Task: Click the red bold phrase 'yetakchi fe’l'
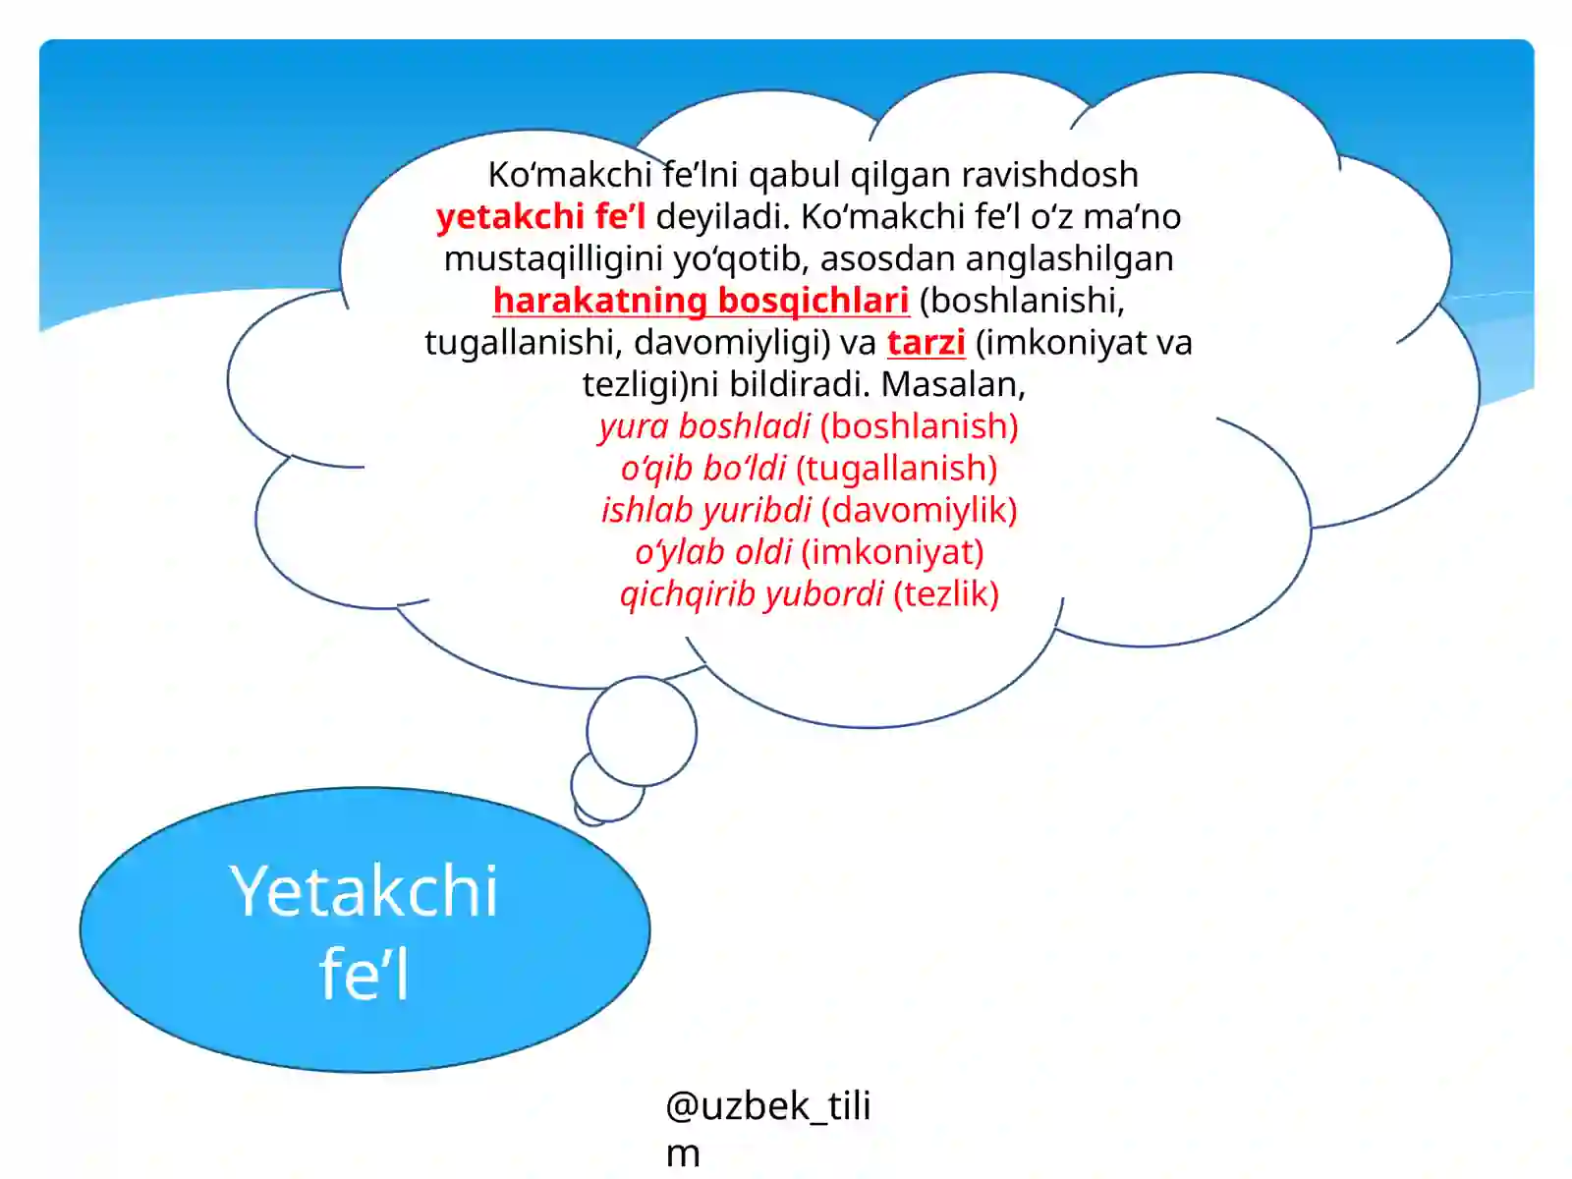pyautogui.click(x=540, y=216)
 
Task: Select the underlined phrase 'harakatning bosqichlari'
pyautogui.click(x=701, y=301)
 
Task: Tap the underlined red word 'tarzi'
pyautogui.click(x=926, y=343)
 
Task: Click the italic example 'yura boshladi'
pyautogui.click(x=704, y=426)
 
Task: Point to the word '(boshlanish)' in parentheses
pyautogui.click(x=919, y=426)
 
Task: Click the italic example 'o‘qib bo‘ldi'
pyautogui.click(x=703, y=469)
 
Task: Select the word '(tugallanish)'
pyautogui.click(x=897, y=469)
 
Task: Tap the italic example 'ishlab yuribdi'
pyautogui.click(x=705, y=510)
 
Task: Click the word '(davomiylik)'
pyautogui.click(x=919, y=510)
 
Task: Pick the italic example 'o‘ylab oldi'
pyautogui.click(x=713, y=552)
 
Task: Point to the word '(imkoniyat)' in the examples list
pyautogui.click(x=892, y=552)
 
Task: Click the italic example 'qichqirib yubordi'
pyautogui.click(x=752, y=594)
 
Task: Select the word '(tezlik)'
pyautogui.click(x=945, y=594)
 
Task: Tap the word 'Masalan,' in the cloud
pyautogui.click(x=953, y=384)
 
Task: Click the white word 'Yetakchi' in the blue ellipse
pyautogui.click(x=365, y=891)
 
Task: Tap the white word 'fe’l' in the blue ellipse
pyautogui.click(x=364, y=975)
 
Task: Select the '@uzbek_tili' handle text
pyautogui.click(x=767, y=1106)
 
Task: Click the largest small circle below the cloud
pyautogui.click(x=642, y=731)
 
